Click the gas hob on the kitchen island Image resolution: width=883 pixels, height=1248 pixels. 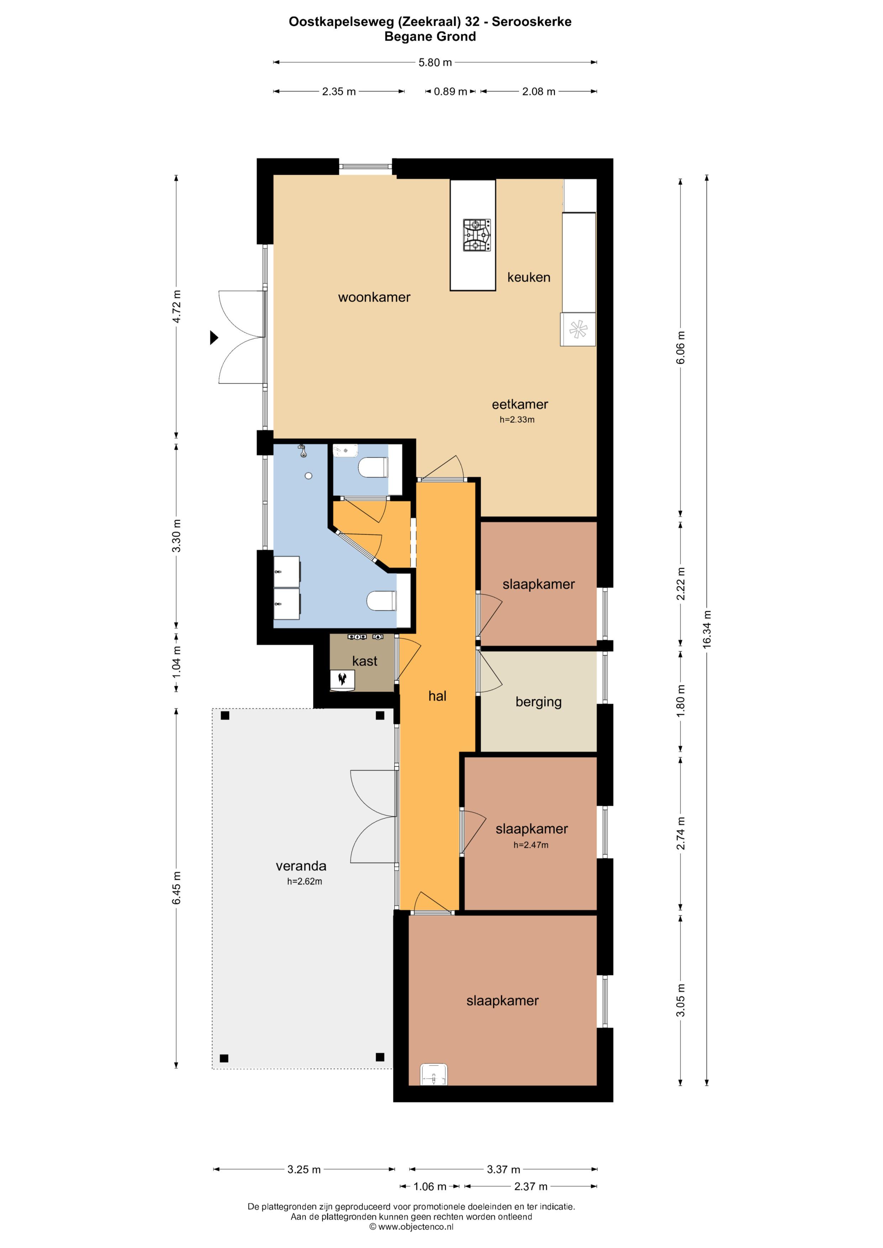pyautogui.click(x=477, y=235)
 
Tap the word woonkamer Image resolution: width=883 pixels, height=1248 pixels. pyautogui.click(x=374, y=297)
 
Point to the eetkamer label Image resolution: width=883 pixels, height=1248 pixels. pyautogui.click(x=520, y=404)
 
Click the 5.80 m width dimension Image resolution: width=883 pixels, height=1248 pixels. pyautogui.click(x=435, y=63)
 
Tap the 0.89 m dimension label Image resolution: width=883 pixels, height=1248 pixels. pyautogui.click(x=450, y=92)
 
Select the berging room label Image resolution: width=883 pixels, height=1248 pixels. pyautogui.click(x=538, y=702)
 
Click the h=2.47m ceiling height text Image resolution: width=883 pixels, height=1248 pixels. pyautogui.click(x=531, y=845)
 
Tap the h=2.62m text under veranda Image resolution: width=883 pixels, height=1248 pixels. pyautogui.click(x=305, y=882)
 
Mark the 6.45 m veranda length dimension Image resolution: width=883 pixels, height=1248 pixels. pyautogui.click(x=176, y=888)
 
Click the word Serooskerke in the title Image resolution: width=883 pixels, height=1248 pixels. pyautogui.click(x=531, y=22)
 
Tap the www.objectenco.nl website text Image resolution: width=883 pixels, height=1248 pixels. pyautogui.click(x=415, y=1227)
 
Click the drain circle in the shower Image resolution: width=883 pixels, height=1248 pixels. pyautogui.click(x=308, y=476)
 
